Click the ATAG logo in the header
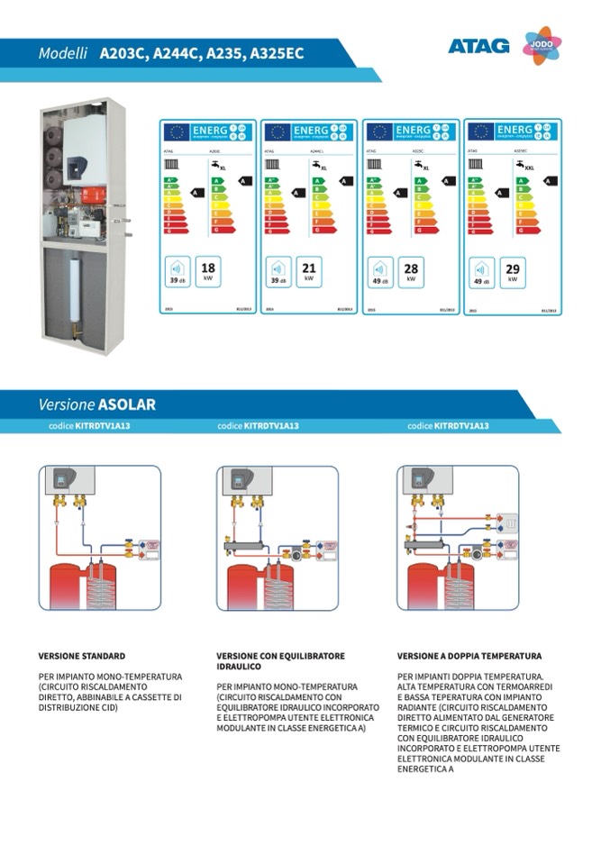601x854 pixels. coord(478,46)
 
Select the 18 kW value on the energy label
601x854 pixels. coord(208,270)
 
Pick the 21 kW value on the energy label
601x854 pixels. coord(309,270)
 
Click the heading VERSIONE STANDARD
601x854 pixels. coord(81,657)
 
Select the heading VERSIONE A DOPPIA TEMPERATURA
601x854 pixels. coord(469,657)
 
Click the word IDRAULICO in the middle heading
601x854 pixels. coord(239,668)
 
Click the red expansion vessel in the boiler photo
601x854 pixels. coord(93,195)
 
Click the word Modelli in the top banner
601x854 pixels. coord(62,54)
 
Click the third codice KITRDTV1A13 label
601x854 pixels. coord(448,426)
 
